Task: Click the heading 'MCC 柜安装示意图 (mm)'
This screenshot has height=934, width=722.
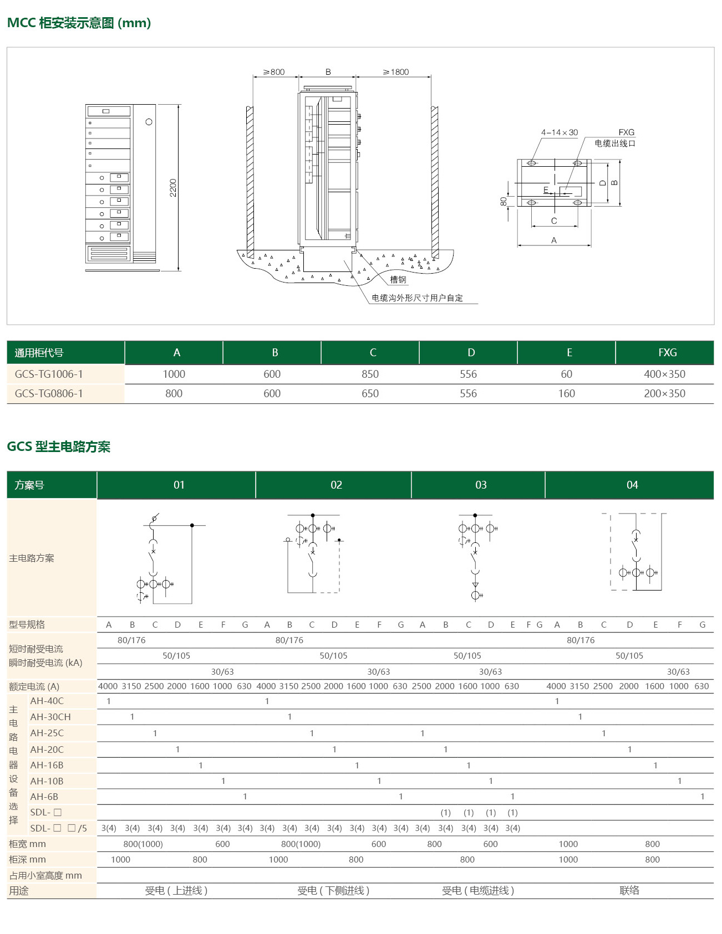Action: click(79, 23)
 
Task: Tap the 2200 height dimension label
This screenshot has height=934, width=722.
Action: click(174, 188)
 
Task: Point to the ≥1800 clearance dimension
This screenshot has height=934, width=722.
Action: click(396, 72)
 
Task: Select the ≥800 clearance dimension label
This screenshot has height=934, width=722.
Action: click(274, 72)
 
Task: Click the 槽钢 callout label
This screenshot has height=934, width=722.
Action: click(398, 280)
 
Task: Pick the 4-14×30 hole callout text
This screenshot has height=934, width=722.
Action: click(559, 132)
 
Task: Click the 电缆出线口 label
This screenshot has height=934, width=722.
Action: click(615, 143)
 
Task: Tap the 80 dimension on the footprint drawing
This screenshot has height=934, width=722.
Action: click(504, 202)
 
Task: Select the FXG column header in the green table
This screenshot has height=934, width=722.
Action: click(667, 353)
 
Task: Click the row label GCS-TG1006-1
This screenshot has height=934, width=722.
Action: click(49, 374)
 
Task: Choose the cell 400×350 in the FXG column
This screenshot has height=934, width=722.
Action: click(664, 374)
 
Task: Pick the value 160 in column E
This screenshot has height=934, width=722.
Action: click(566, 393)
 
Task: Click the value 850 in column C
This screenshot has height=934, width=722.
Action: click(370, 374)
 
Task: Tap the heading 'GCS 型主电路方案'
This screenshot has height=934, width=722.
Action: click(59, 447)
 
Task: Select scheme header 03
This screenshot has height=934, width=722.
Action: click(481, 485)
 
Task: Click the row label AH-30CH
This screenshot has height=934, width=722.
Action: click(50, 717)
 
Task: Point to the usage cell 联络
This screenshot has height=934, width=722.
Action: click(629, 890)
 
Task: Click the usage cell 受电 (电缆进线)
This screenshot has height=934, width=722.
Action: click(478, 890)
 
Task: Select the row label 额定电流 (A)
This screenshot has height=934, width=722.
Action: click(34, 686)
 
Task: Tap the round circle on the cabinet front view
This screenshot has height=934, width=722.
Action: click(149, 122)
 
